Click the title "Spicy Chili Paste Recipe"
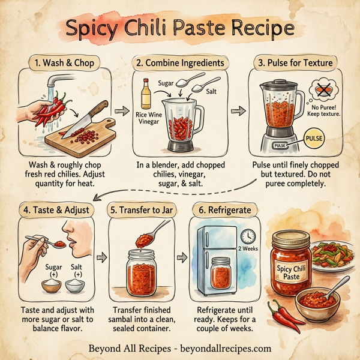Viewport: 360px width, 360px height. coord(179,28)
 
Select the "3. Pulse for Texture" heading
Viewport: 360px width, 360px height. coord(296,61)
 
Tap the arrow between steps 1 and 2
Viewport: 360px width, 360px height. coord(122,111)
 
